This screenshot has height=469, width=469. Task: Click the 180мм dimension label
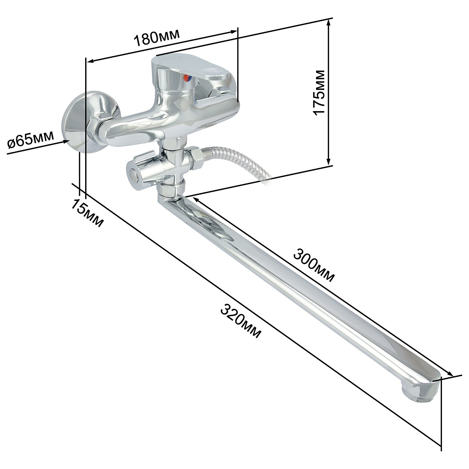point(157,38)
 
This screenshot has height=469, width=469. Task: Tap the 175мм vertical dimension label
point(319,92)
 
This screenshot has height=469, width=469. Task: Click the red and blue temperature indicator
point(187,78)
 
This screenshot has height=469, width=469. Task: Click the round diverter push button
point(133,175)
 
